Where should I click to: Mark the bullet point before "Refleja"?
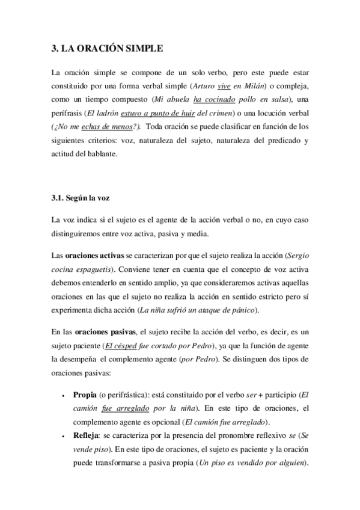(64, 437)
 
